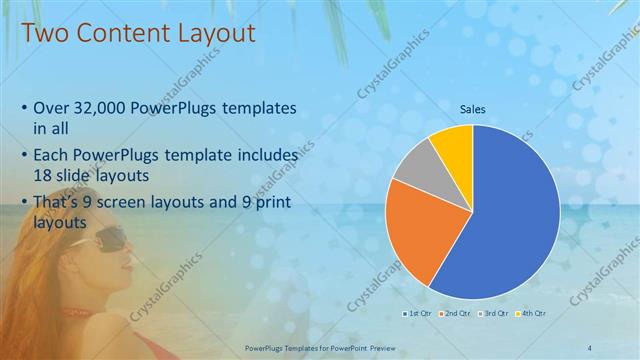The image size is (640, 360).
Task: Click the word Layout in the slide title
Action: tap(210, 32)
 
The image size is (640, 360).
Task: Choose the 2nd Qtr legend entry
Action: tap(456, 313)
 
